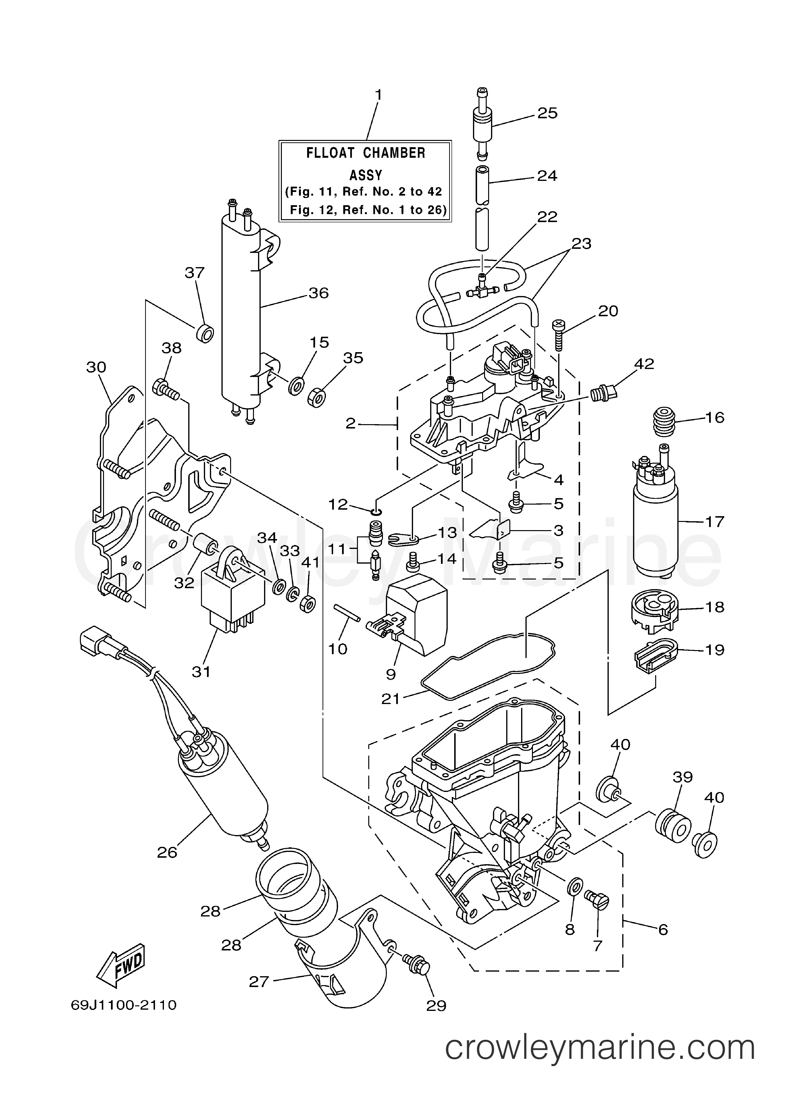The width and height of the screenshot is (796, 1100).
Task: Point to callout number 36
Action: (318, 293)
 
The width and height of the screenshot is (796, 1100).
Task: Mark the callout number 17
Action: (715, 522)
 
